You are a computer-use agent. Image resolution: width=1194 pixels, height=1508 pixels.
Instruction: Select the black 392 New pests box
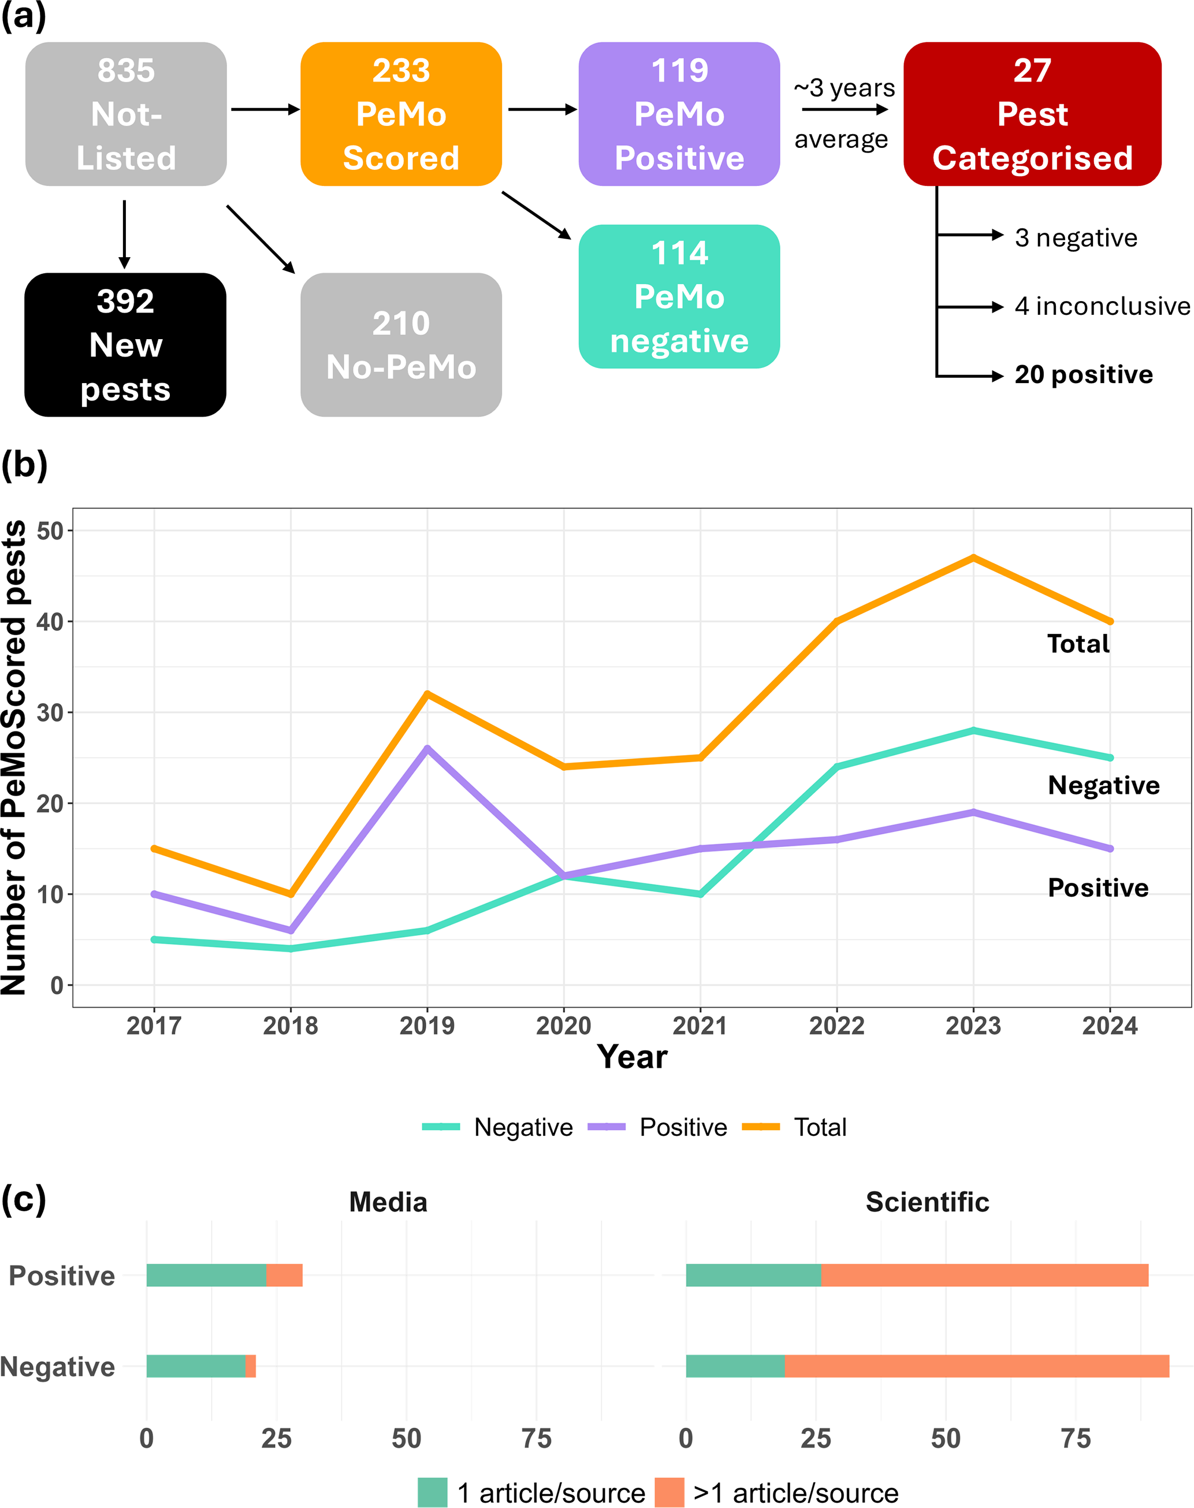coord(125,345)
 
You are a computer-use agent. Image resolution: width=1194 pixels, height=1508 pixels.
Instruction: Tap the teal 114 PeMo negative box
coord(679,296)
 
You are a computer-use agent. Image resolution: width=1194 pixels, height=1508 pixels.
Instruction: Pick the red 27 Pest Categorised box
coord(1032,114)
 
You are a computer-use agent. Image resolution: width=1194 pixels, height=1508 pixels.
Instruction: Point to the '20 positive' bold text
coord(1084,375)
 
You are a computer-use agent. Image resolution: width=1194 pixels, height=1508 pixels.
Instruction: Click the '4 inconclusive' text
coord(1102,306)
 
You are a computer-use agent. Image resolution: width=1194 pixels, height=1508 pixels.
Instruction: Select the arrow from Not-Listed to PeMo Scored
coord(264,110)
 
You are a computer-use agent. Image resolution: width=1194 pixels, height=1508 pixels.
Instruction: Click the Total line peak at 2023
coord(973,558)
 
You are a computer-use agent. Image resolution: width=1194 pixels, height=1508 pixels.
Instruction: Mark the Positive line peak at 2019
coord(427,748)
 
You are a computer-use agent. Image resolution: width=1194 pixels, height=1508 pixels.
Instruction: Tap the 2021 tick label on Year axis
coord(700,1026)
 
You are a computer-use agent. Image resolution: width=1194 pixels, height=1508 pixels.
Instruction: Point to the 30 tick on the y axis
coord(50,712)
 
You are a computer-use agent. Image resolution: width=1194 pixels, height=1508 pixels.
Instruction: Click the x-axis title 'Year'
coord(632,1056)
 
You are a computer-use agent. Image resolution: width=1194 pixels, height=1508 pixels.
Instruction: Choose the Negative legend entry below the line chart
coord(498,1127)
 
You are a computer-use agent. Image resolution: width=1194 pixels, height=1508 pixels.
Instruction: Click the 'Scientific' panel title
coord(927,1202)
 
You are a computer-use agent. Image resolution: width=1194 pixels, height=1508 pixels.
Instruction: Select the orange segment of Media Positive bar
coord(285,1275)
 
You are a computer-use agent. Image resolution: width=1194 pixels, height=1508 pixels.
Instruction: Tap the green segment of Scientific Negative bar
coord(735,1366)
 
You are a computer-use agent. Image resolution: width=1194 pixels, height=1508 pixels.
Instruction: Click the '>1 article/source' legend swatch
coord(669,1492)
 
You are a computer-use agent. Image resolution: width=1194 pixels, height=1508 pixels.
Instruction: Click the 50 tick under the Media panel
coord(406,1439)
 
